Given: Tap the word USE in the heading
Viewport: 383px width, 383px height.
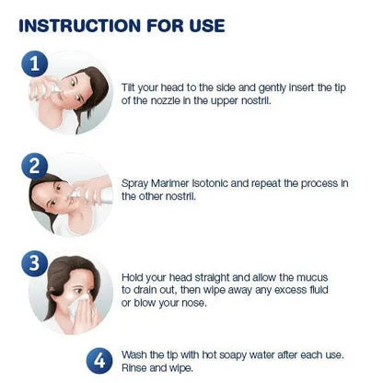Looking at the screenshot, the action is tap(207, 26).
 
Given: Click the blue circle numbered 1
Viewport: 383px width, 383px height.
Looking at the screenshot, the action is tap(35, 64).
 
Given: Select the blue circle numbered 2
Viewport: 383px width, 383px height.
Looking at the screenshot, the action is tap(35, 166).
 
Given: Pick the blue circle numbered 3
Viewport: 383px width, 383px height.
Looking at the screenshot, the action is tap(35, 263).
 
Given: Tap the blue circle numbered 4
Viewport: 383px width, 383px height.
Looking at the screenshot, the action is tap(99, 361).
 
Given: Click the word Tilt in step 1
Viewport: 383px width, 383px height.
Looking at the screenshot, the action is tap(128, 87).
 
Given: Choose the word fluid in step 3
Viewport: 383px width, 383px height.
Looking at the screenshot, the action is tap(318, 290).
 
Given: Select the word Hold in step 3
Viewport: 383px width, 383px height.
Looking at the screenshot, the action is tap(132, 278).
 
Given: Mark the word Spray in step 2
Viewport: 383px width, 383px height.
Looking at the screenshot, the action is tap(134, 184).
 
